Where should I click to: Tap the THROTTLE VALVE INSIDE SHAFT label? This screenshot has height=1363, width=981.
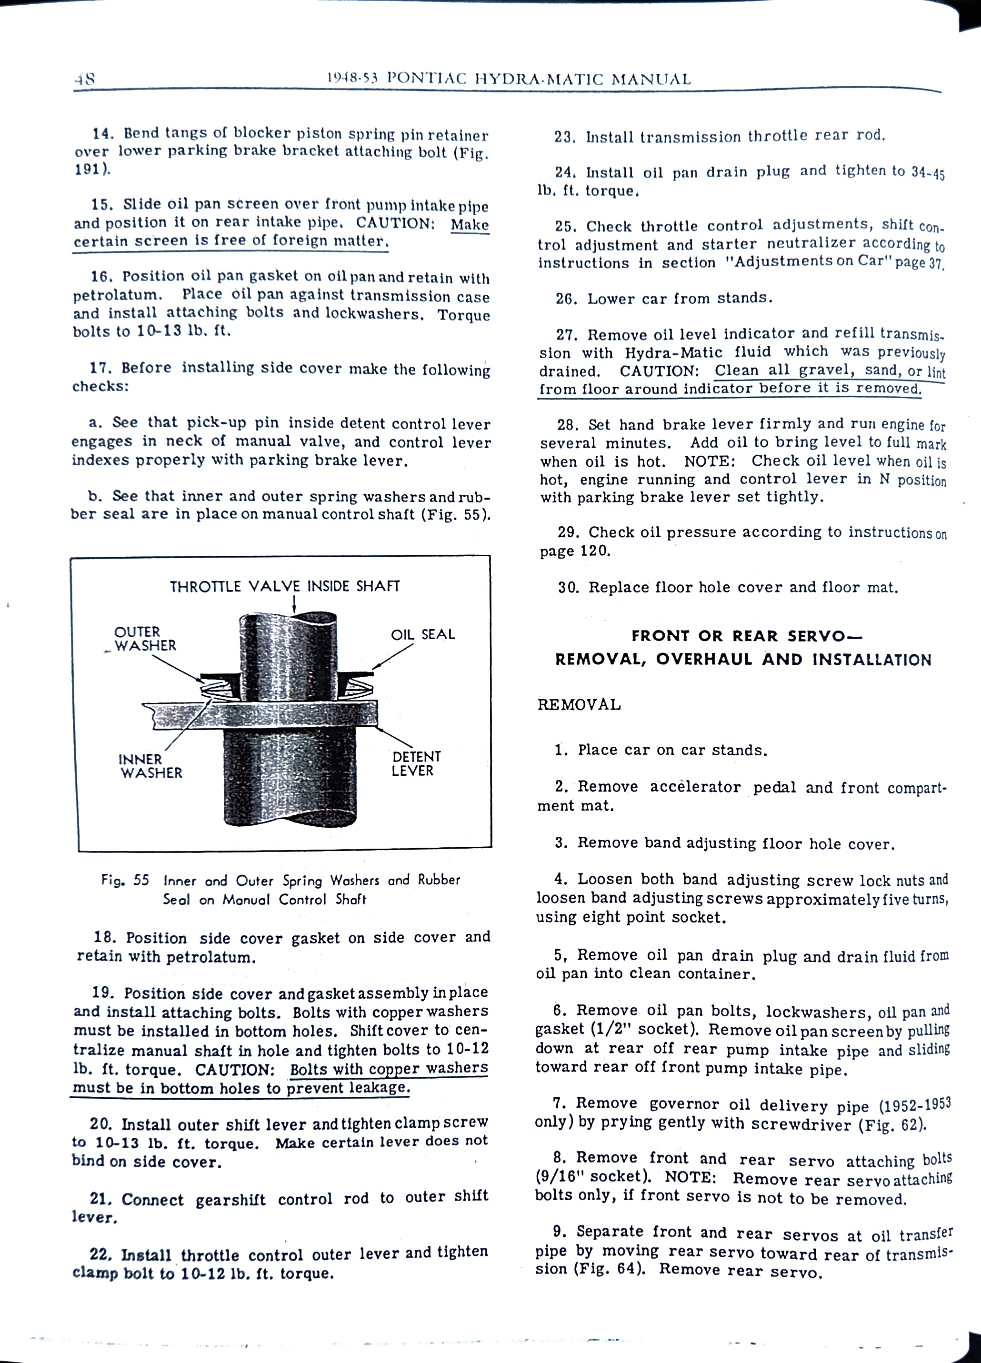[x=284, y=586]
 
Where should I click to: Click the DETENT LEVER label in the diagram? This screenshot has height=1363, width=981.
[x=416, y=763]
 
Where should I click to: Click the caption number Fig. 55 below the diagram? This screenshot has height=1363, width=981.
[x=125, y=881]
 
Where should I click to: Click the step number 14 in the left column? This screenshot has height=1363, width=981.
[x=103, y=133]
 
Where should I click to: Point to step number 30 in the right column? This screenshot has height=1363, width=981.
[x=568, y=587]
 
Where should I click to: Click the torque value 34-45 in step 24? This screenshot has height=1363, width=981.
[x=928, y=172]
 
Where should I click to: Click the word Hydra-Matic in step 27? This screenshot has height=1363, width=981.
[x=673, y=352]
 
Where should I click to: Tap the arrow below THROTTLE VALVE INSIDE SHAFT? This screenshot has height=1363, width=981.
[x=295, y=603]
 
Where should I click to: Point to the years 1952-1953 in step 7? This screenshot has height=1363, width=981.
[x=914, y=1104]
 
